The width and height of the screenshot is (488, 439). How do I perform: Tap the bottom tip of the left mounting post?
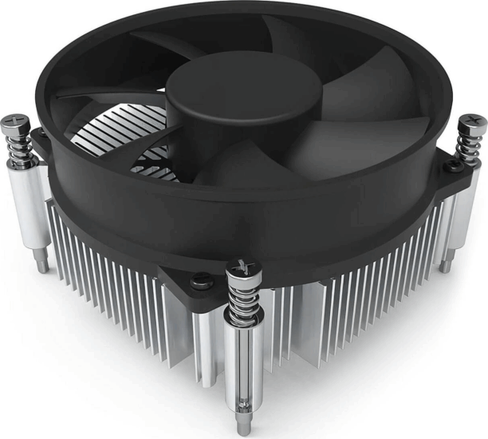point(41,264)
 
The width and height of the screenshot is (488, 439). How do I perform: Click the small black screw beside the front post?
point(200,280)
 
